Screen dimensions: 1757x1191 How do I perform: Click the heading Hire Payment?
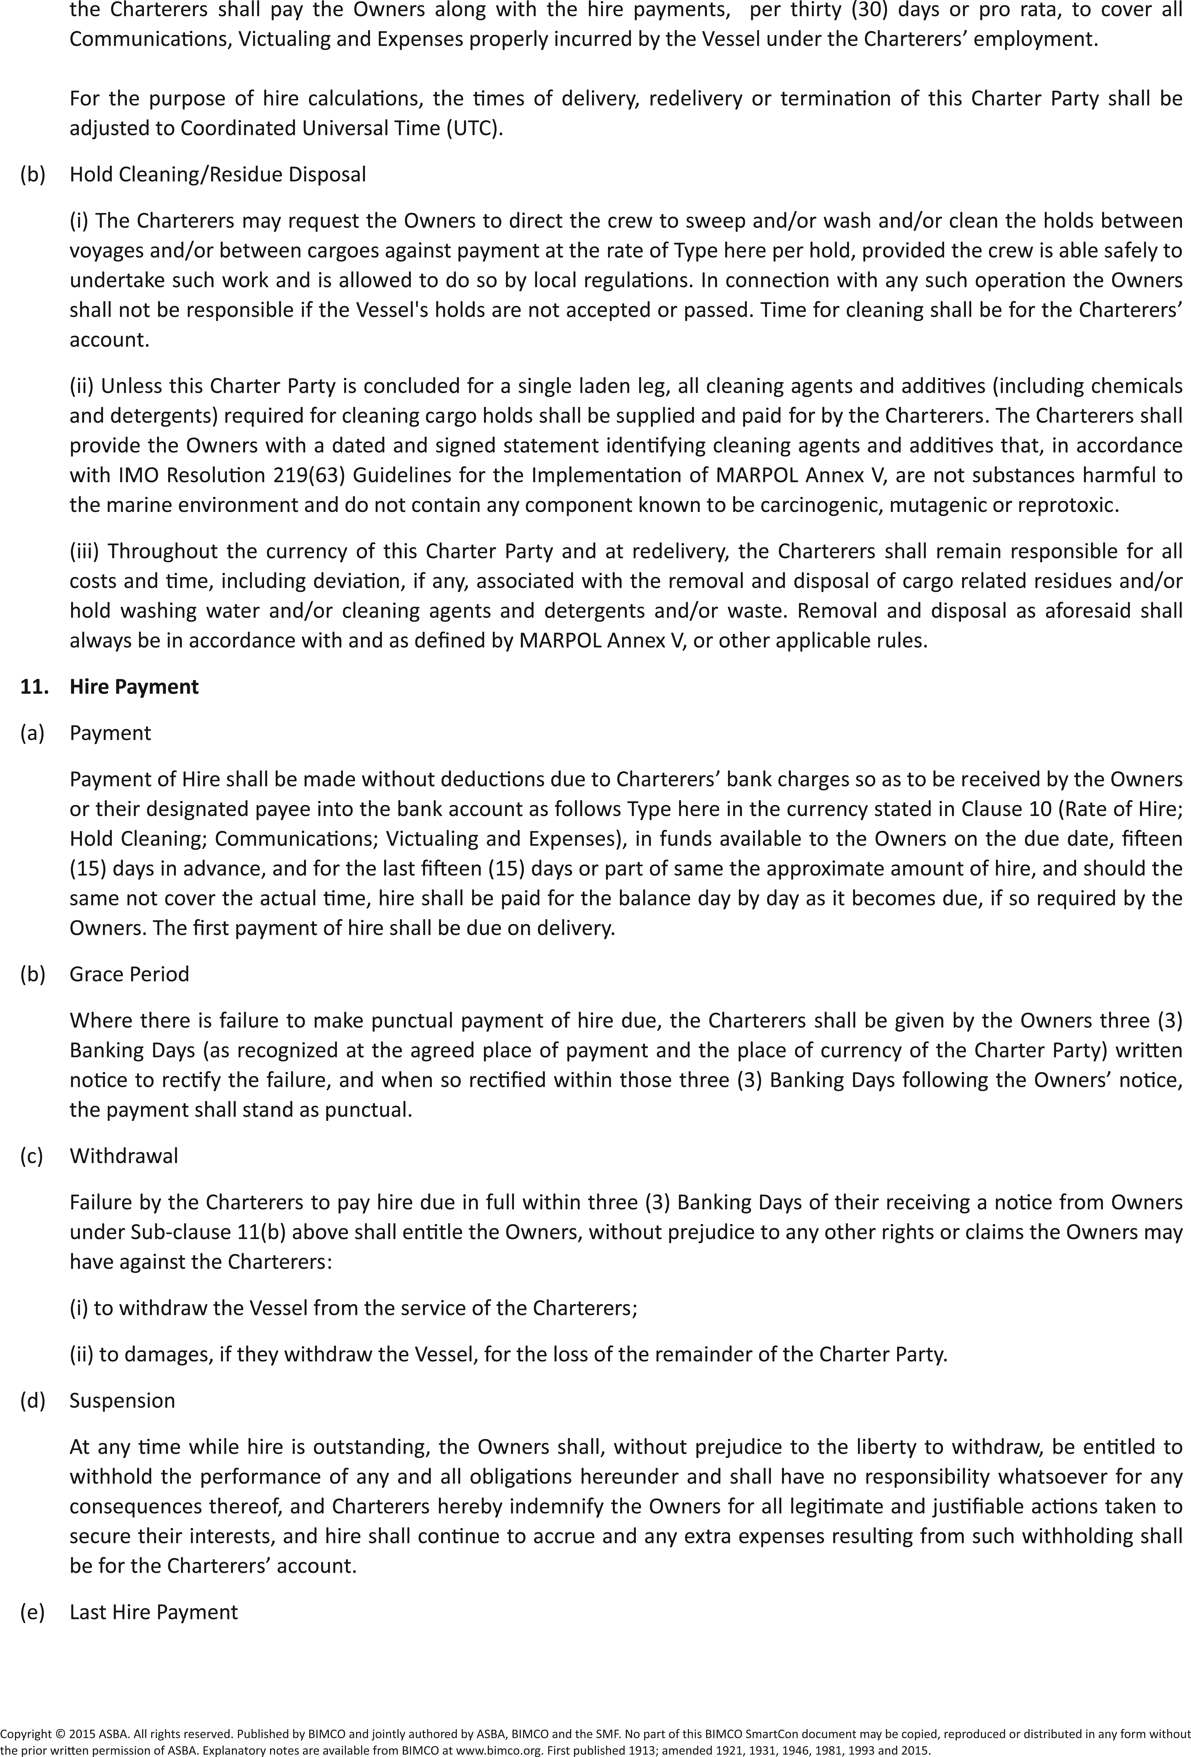tap(134, 686)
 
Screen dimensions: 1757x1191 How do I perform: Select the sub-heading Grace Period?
tap(129, 974)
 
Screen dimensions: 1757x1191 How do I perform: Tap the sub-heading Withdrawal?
tap(124, 1155)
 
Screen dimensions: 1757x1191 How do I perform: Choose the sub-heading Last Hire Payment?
tap(154, 1612)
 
